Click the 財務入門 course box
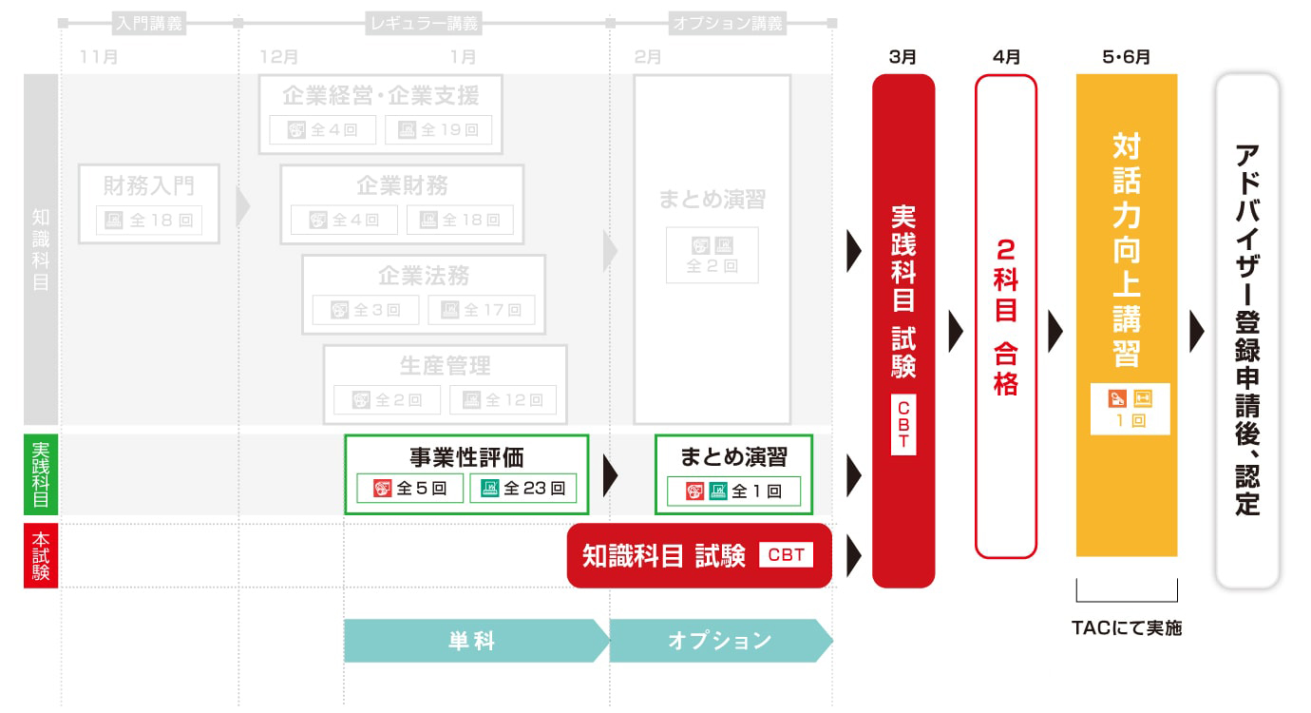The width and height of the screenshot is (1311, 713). pos(149,203)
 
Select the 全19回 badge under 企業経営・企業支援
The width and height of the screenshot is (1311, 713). pos(438,130)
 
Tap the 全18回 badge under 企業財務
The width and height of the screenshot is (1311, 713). pos(460,220)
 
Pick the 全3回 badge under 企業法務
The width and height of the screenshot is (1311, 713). pos(366,310)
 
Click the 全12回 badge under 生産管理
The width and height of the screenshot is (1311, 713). pos(503,400)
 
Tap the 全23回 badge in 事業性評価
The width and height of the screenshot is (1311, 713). pos(522,489)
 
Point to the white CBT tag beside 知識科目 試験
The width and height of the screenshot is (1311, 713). pos(786,555)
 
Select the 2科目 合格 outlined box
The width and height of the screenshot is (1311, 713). pos(1005,316)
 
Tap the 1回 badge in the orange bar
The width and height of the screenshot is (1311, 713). pos(1130,409)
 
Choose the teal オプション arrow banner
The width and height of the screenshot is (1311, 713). pos(720,641)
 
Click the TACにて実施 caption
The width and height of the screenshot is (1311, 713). pos(1127,627)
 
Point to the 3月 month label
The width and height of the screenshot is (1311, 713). pos(902,57)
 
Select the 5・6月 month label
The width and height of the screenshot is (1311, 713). pos(1126,57)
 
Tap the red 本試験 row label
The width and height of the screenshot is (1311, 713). pos(41,555)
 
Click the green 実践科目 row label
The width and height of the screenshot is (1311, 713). pos(41,474)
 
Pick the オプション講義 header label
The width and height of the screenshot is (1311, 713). pos(727,24)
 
